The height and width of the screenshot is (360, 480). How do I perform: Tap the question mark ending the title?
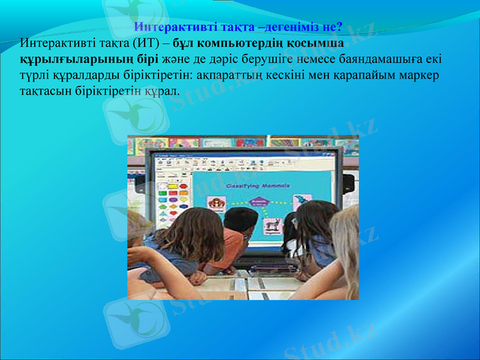340,28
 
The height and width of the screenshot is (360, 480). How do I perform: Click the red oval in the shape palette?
163,194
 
